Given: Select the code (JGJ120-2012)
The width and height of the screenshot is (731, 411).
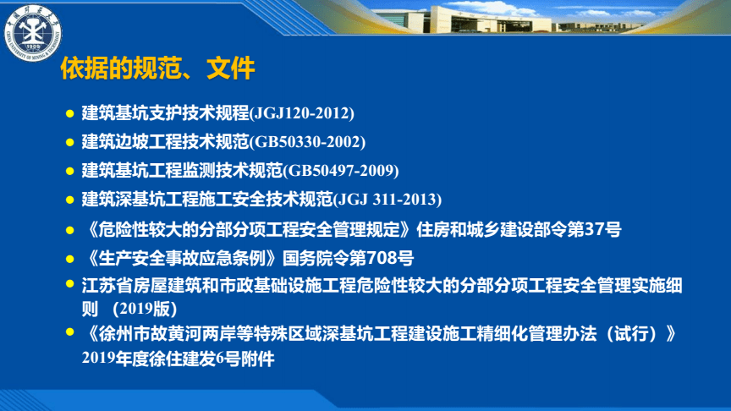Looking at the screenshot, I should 300,113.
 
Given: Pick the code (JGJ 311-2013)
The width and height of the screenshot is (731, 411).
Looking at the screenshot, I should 388,200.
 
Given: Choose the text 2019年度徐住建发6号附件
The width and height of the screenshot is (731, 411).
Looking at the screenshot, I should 179,358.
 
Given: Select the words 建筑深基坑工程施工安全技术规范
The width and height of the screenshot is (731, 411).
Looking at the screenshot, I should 207,200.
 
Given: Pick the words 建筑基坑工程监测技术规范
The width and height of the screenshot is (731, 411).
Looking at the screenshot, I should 181,171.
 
